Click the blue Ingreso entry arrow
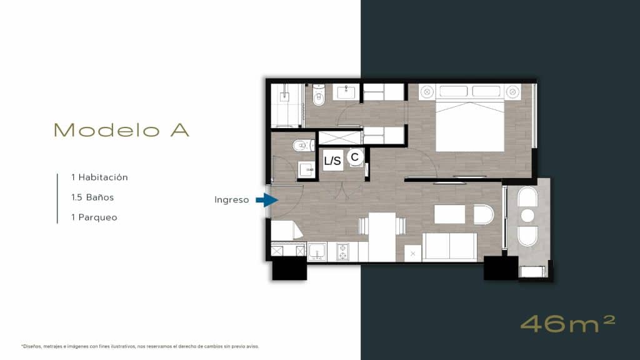click(267, 200)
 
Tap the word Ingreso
click(231, 200)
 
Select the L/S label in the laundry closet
click(332, 161)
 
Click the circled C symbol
click(355, 157)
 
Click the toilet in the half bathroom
click(303, 145)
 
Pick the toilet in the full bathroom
click(318, 95)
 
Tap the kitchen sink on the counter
click(317, 251)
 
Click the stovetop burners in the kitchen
click(342, 252)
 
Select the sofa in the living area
click(449, 247)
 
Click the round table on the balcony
click(527, 216)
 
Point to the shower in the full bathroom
click(286, 105)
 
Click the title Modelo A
click(121, 130)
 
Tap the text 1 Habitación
click(99, 177)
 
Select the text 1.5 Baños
click(92, 197)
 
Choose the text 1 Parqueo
click(94, 217)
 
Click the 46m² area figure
click(567, 324)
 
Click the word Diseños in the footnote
click(31, 346)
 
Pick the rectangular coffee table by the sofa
click(449, 214)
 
